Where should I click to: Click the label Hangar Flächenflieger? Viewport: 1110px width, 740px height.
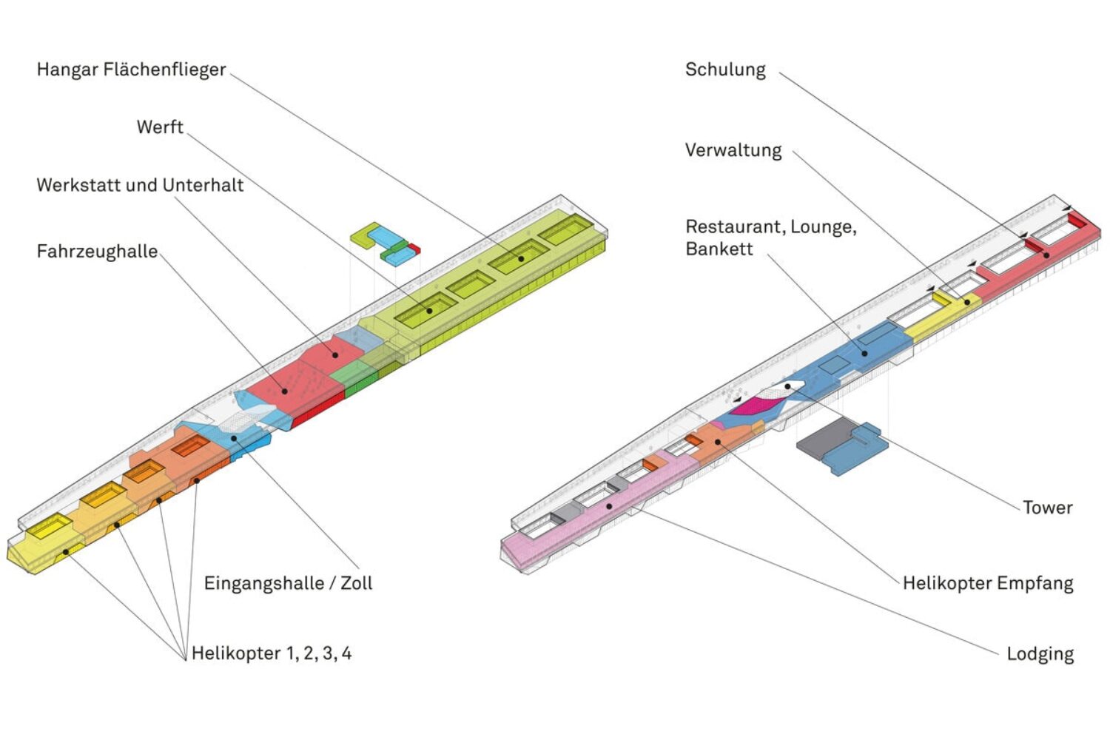131,70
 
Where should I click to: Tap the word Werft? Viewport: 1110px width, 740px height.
160,127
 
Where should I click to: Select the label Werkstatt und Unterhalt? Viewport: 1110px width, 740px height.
140,184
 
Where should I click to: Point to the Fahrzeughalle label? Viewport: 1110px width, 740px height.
97,252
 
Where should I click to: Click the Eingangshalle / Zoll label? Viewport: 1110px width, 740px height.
288,583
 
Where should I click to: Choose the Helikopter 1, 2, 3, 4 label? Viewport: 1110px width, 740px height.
271,653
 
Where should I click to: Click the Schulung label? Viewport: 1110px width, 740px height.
725,70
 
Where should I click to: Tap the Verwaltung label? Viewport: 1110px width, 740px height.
733,150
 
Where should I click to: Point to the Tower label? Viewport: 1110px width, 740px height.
1047,508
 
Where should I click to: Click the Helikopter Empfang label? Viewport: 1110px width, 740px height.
987,583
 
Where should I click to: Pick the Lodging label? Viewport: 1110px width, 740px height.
1040,654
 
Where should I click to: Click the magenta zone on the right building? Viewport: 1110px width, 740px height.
755,405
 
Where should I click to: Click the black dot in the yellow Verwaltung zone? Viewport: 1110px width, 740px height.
966,302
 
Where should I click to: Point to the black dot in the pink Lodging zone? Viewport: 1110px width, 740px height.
609,506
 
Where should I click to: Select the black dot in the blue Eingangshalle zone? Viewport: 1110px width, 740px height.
234,438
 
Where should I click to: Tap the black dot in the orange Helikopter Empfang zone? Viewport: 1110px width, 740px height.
717,442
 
